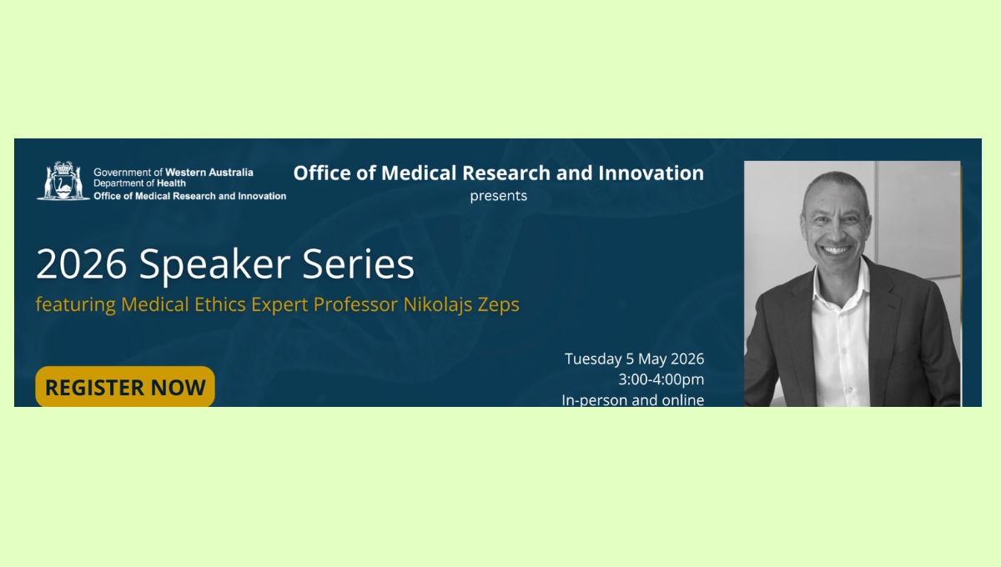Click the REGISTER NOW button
click(x=125, y=387)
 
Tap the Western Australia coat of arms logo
click(x=63, y=180)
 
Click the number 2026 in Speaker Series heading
click(x=82, y=264)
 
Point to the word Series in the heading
click(x=359, y=264)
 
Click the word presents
click(x=499, y=196)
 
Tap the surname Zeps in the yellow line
click(x=498, y=305)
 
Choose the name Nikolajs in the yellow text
click(x=437, y=304)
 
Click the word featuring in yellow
click(x=76, y=305)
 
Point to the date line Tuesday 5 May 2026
click(x=634, y=359)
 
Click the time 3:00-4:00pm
click(x=661, y=379)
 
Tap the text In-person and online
click(x=633, y=400)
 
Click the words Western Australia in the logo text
click(x=209, y=173)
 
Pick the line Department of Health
click(x=139, y=183)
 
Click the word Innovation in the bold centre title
click(x=651, y=173)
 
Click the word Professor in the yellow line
click(x=355, y=304)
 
